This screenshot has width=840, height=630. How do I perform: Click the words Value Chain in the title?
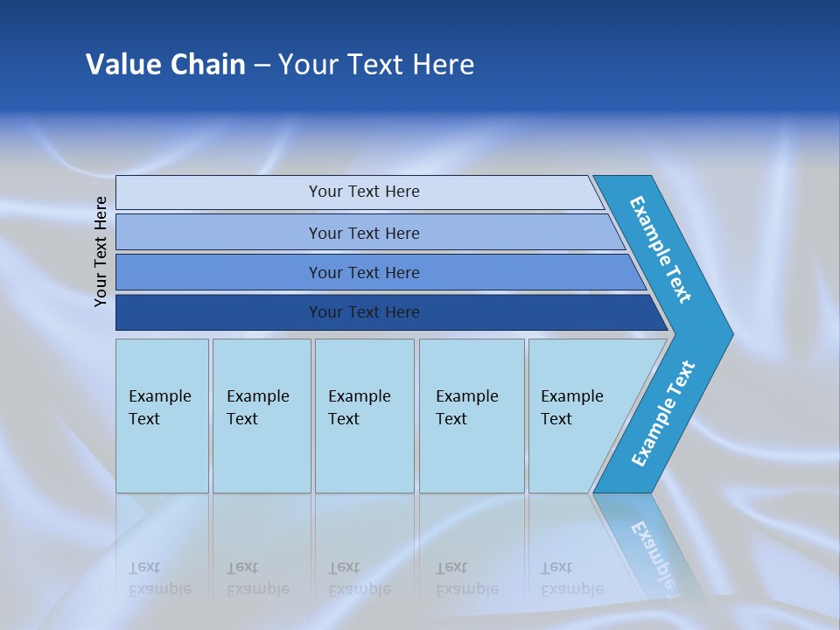click(x=165, y=65)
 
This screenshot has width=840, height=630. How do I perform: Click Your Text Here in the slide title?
click(x=376, y=65)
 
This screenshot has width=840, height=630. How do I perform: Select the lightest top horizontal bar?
click(x=219, y=192)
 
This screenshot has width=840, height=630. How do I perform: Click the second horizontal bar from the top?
click(x=219, y=233)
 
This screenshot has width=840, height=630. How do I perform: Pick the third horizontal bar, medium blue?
click(x=219, y=272)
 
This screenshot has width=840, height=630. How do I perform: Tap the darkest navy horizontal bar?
click(x=219, y=312)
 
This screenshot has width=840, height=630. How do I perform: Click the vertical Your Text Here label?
click(x=101, y=251)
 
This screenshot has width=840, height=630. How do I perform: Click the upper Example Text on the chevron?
click(x=661, y=249)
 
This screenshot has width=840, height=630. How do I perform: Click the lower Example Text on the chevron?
click(x=662, y=414)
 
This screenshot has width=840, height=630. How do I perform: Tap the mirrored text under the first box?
click(x=159, y=578)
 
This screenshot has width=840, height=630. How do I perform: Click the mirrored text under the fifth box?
click(x=571, y=578)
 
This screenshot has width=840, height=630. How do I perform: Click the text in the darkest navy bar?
click(x=364, y=312)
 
